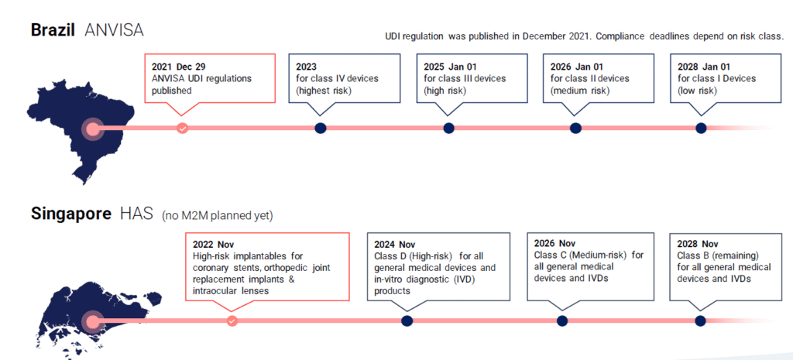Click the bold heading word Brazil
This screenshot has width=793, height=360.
tap(53, 30)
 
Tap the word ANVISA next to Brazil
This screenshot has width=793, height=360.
tap(115, 30)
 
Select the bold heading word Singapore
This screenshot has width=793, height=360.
tap(71, 214)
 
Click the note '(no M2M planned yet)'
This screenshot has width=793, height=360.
tap(218, 216)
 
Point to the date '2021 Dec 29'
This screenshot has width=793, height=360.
tap(179, 67)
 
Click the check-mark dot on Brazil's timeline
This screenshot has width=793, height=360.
tap(183, 129)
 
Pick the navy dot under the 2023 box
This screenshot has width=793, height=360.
tap(320, 129)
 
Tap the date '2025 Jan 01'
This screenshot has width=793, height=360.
tap(450, 67)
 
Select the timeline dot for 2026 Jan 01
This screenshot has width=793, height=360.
tap(575, 129)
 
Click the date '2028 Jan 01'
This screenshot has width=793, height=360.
tap(705, 67)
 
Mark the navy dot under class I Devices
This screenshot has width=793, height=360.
tap(701, 129)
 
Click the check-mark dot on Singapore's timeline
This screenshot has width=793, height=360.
tap(232, 321)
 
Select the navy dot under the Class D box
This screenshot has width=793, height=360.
tap(407, 321)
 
